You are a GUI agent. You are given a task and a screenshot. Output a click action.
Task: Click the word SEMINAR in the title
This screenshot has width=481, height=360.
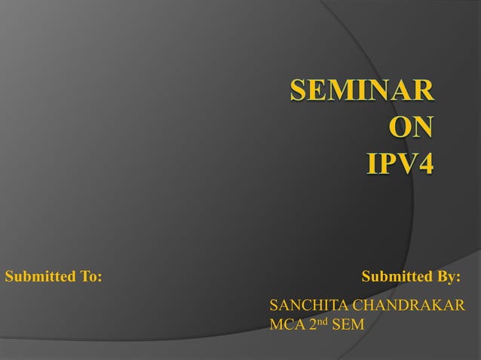(362, 91)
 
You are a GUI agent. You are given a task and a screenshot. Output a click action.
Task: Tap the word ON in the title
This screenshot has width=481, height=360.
(411, 127)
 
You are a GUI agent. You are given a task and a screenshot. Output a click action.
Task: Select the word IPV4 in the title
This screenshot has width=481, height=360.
(400, 162)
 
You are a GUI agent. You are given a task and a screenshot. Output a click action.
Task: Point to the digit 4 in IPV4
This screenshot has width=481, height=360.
(425, 162)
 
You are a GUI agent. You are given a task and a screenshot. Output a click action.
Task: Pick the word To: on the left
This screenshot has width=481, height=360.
(90, 276)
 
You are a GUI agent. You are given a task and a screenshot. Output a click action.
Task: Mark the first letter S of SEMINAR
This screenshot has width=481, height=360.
(299, 91)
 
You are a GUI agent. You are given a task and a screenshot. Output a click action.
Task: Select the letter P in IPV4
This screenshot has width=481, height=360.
(387, 162)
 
